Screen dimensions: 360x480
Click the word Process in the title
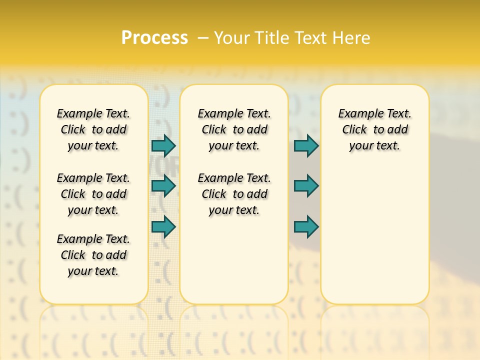[x=154, y=38]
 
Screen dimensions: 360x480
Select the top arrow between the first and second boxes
[x=163, y=145]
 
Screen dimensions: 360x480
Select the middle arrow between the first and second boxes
[x=163, y=186]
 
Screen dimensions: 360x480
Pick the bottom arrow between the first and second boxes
[x=163, y=227]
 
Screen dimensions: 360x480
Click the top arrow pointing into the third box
[x=306, y=145]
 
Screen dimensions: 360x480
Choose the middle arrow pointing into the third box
[x=306, y=186]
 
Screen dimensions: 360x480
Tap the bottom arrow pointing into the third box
[x=306, y=227]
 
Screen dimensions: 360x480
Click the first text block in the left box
[x=93, y=129]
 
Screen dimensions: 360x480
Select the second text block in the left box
[x=93, y=194]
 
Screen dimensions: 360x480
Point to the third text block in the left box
[x=93, y=255]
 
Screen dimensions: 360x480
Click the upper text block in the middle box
[x=234, y=129]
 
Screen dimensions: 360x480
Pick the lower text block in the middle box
[x=234, y=194]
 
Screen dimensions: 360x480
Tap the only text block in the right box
[x=374, y=129]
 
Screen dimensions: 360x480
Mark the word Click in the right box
[x=354, y=130]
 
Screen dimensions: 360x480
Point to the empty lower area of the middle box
[x=234, y=260]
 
